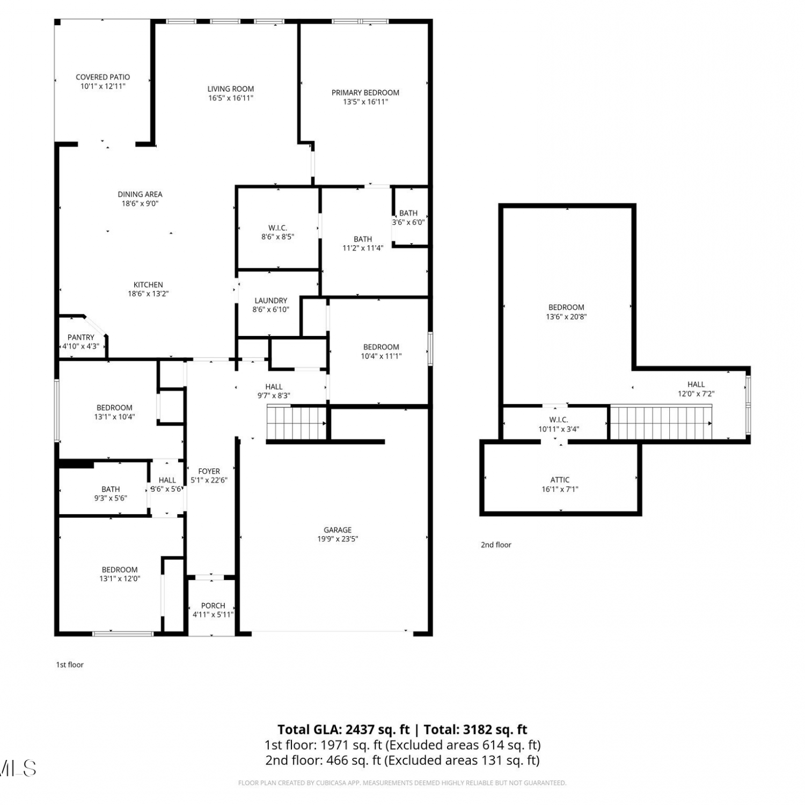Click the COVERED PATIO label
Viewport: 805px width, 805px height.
(x=103, y=77)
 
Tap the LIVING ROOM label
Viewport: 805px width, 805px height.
(x=231, y=89)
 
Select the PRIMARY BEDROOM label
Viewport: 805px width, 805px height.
(x=365, y=93)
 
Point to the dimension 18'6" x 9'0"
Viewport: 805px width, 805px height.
(x=140, y=203)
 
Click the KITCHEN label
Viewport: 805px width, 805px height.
(x=148, y=285)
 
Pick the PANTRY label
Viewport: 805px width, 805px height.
(x=81, y=338)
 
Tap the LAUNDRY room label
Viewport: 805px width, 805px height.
(x=271, y=301)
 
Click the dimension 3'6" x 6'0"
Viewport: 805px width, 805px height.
(x=408, y=222)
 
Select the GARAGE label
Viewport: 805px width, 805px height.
(x=338, y=530)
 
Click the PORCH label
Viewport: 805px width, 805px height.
(x=213, y=606)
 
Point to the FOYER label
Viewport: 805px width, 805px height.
(x=209, y=472)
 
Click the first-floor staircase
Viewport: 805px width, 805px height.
(x=297, y=423)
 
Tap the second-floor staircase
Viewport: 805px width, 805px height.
(x=661, y=423)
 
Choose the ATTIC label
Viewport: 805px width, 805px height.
(x=560, y=480)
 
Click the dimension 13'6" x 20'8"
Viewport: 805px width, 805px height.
(x=566, y=317)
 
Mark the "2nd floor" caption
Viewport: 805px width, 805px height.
(x=496, y=545)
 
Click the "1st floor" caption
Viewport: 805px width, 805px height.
(x=70, y=665)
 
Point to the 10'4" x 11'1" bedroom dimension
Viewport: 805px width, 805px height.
(x=381, y=356)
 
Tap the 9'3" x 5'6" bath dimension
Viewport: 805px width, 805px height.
(x=111, y=499)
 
